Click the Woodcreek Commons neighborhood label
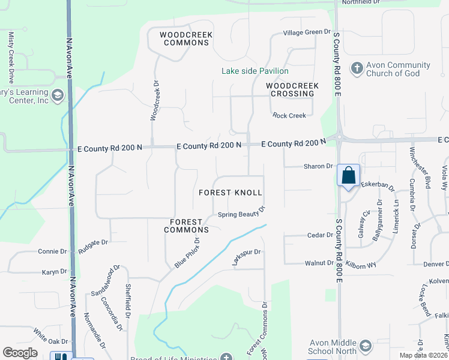tap(186, 39)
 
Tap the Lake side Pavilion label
tap(255, 71)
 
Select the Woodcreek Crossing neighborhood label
tap(292, 89)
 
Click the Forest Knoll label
tap(231, 193)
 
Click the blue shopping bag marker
tap(348, 176)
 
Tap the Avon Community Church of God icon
tap(357, 67)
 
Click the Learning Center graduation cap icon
tap(58, 96)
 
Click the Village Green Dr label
tap(307, 32)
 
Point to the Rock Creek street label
tap(289, 115)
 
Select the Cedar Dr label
tap(320, 235)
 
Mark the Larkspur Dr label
tap(247, 257)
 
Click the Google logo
tap(20, 353)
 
